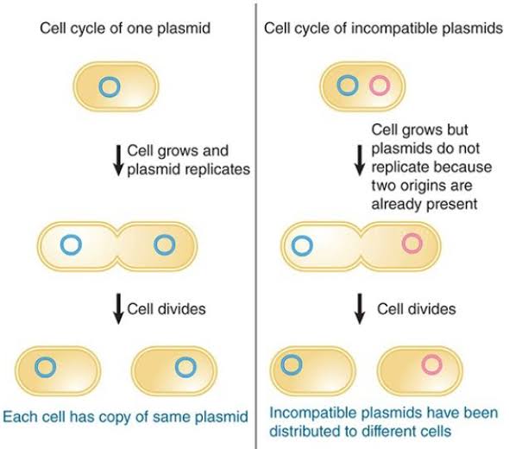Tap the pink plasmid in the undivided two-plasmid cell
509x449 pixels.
pos(380,86)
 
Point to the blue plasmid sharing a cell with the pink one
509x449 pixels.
pos(347,86)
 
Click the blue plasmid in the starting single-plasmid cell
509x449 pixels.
pos(109,86)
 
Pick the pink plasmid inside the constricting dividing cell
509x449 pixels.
pos(412,244)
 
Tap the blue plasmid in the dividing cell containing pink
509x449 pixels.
pos(302,245)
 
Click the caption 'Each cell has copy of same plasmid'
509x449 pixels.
pos(126,417)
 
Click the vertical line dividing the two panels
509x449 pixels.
pos(256,224)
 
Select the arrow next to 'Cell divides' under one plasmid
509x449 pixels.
pos(117,308)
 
